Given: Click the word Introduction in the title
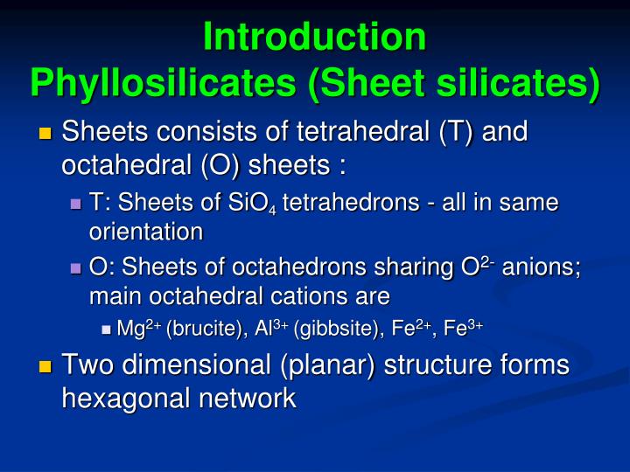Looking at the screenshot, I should pyautogui.click(x=314, y=37).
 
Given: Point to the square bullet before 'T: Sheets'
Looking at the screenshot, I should pyautogui.click(x=75, y=204).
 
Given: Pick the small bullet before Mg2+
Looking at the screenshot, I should pyautogui.click(x=106, y=330).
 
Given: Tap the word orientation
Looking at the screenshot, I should pyautogui.click(x=146, y=232).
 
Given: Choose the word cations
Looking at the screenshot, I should pyautogui.click(x=346, y=296).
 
